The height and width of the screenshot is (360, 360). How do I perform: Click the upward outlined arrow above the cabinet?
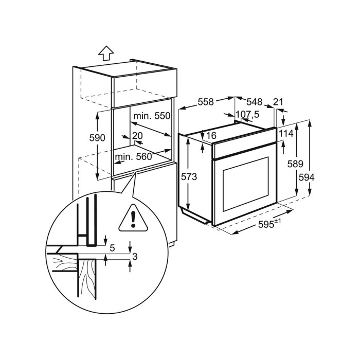[x=106, y=53]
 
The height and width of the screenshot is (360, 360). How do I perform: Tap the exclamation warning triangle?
[x=133, y=218]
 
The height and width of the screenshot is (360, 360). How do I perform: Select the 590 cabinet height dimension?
[x=97, y=138]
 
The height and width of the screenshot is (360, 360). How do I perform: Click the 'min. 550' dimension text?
[x=152, y=116]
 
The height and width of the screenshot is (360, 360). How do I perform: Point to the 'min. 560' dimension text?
[x=134, y=157]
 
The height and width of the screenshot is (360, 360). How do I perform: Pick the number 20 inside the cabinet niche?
[x=137, y=135]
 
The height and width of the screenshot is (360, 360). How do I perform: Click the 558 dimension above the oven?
[x=206, y=102]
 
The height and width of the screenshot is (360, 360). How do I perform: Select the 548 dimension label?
[x=255, y=102]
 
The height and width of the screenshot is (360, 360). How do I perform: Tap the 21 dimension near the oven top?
[x=278, y=102]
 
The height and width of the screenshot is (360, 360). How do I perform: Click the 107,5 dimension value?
[x=247, y=114]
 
